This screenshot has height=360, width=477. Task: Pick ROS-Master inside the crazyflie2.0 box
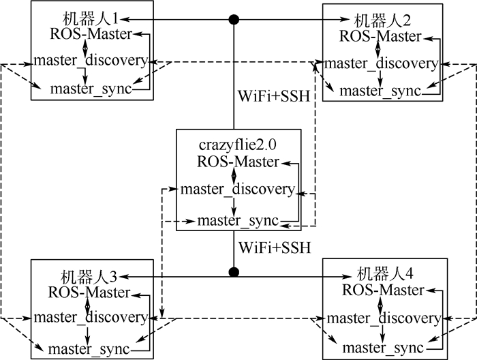click(237, 162)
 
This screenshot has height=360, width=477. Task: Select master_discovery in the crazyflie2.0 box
click(237, 189)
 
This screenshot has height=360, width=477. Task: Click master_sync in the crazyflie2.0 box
click(238, 220)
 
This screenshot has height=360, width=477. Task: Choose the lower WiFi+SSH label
click(275, 245)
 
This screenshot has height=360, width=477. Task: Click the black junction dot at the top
click(235, 19)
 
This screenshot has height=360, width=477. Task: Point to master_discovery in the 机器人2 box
click(380, 63)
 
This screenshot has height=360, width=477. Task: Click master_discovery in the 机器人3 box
click(90, 317)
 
